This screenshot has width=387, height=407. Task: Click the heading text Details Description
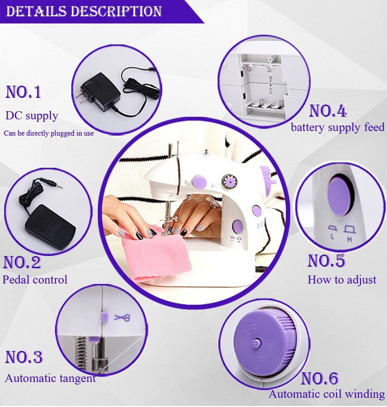(84, 11)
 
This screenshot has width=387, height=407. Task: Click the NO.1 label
(23, 92)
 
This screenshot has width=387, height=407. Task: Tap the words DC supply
(32, 116)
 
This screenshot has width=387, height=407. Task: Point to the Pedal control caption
(35, 279)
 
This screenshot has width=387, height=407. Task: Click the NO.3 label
(23, 357)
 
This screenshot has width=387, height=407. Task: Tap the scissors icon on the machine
(122, 318)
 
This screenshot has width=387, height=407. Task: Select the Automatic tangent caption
(50, 378)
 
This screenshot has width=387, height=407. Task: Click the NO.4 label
(327, 111)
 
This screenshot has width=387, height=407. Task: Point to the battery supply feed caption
(337, 127)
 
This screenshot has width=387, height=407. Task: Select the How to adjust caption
(342, 279)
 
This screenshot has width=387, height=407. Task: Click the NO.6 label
(319, 378)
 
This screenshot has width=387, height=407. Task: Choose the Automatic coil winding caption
(326, 394)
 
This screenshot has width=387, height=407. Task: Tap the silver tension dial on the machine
(227, 180)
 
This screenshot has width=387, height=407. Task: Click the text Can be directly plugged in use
(49, 133)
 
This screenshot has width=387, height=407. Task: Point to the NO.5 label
(326, 261)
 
